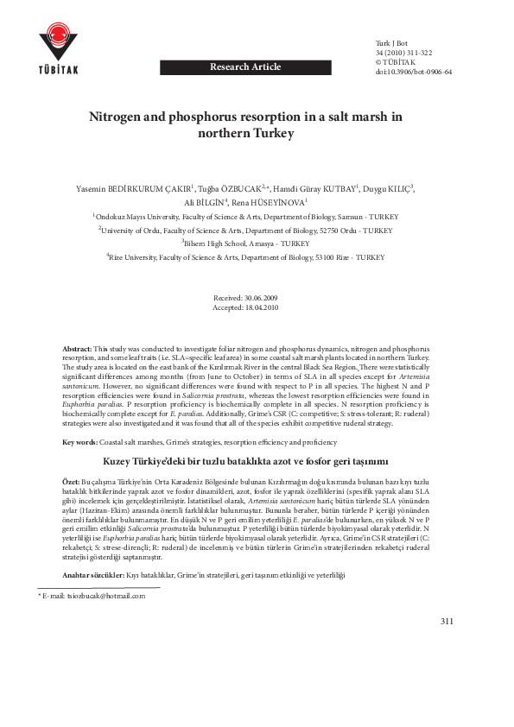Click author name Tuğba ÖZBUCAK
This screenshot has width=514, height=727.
pyautogui.click(x=226, y=188)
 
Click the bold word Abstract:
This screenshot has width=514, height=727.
pyautogui.click(x=77, y=347)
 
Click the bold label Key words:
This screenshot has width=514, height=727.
pyautogui.click(x=79, y=442)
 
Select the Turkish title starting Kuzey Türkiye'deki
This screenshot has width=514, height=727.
pyautogui.click(x=246, y=461)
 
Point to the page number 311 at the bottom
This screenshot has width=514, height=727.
pyautogui.click(x=447, y=622)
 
